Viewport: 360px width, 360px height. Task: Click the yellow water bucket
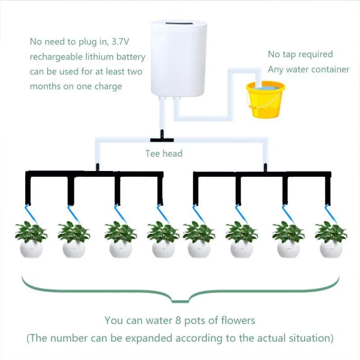[x=265, y=100]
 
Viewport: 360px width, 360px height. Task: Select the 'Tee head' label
[x=164, y=153]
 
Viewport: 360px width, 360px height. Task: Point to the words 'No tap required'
[x=300, y=54]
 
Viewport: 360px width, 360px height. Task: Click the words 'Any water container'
[x=308, y=69]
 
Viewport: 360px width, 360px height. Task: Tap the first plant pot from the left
[x=31, y=248]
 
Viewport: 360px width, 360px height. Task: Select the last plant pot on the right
[x=331, y=248]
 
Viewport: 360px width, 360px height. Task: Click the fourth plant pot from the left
[x=163, y=248]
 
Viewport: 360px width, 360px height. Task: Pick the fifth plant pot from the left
[x=199, y=248]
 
